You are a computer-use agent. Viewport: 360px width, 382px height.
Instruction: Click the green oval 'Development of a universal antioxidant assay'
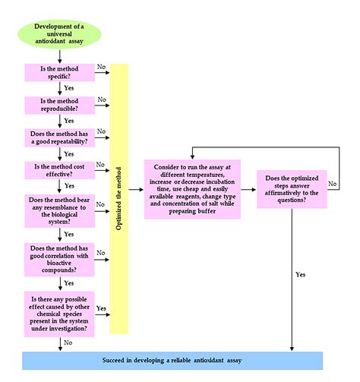click(59, 33)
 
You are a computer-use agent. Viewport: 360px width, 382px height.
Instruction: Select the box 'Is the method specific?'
click(58, 73)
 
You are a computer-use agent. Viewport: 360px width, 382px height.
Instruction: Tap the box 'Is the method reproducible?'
click(58, 106)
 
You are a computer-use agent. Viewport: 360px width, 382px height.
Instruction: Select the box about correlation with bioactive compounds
click(58, 258)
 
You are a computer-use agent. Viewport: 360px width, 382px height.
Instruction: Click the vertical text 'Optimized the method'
click(119, 198)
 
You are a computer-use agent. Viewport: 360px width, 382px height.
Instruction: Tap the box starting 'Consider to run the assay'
click(192, 188)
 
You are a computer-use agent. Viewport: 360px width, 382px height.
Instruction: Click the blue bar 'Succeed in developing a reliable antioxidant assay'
click(172, 360)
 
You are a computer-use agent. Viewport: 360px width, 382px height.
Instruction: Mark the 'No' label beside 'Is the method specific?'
click(101, 67)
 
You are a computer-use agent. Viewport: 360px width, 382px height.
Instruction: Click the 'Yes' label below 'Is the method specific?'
click(70, 87)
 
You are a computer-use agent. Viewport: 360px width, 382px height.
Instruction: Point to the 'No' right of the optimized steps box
click(332, 184)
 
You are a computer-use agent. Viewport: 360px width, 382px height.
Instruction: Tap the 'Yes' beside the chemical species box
click(101, 308)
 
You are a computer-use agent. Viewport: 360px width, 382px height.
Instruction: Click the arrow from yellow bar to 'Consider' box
click(136, 188)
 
